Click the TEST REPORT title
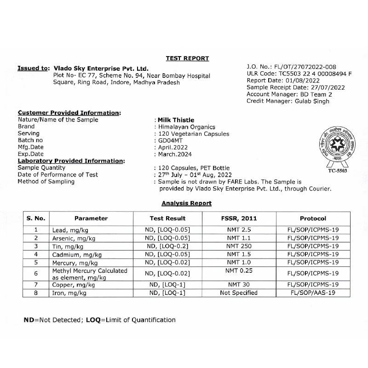[x=187, y=58]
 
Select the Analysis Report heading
[x=186, y=203]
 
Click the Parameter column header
[x=91, y=218]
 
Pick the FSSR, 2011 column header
[x=240, y=218]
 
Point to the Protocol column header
[x=313, y=218]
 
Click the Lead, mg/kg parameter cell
[x=67, y=230]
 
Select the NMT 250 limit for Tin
[x=240, y=246]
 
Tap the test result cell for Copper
[x=167, y=285]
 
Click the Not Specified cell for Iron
[x=239, y=293]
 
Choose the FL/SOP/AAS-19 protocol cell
[x=313, y=293]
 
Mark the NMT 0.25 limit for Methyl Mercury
[x=240, y=271]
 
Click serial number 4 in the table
[x=35, y=254]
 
